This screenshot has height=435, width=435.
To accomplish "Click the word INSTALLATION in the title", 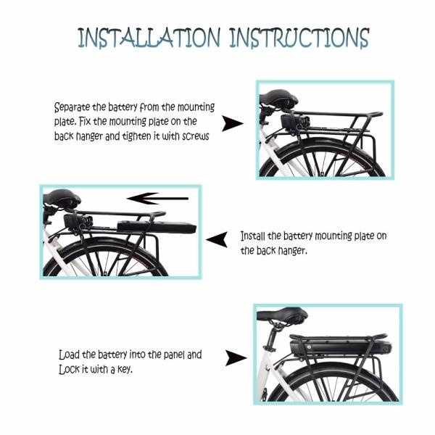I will click(147, 38).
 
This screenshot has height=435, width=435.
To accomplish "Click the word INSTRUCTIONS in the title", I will click(299, 38).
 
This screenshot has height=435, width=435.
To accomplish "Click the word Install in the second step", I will click(255, 237).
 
